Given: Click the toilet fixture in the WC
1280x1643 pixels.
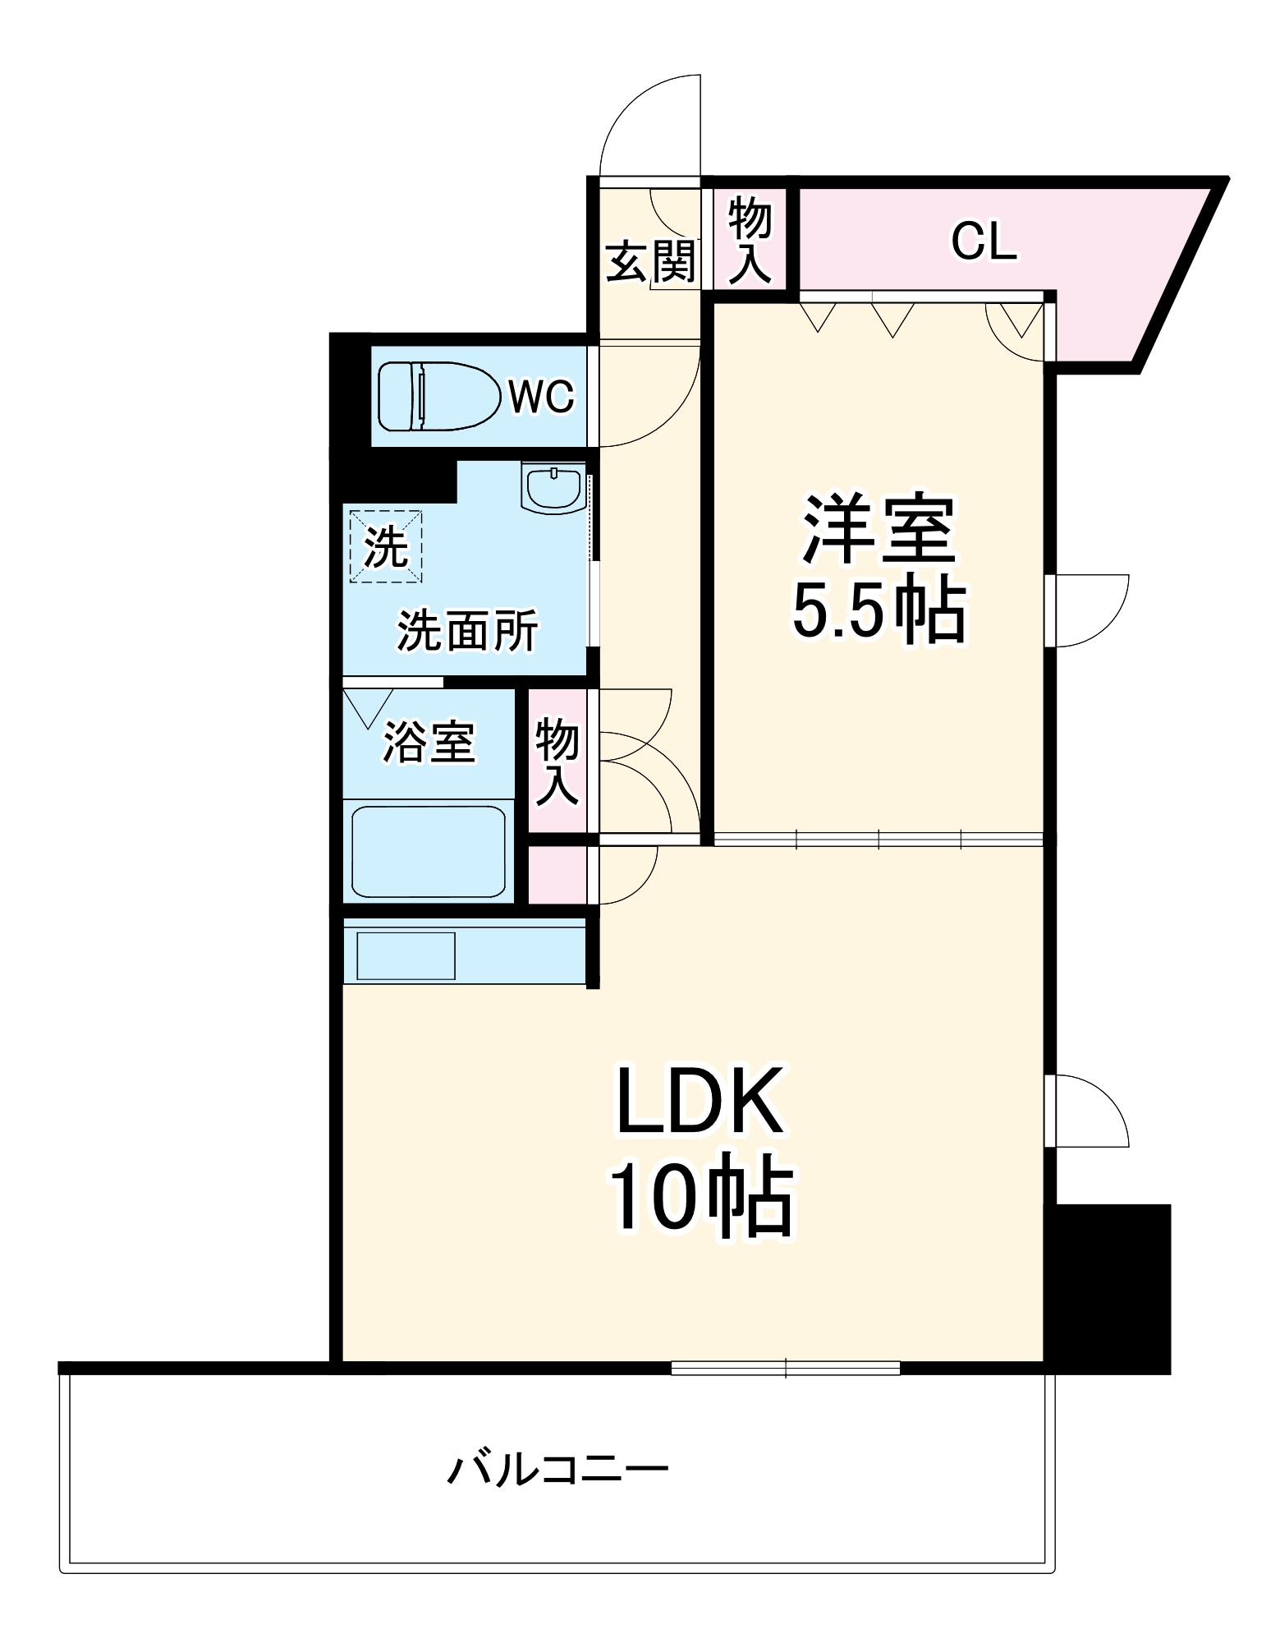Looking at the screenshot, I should [439, 396].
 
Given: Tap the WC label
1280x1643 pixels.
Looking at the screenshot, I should [541, 397].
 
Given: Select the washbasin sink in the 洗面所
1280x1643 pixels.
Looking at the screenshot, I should [553, 489].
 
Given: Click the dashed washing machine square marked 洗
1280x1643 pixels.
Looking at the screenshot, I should [386, 546].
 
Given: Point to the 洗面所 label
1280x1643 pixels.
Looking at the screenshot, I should [468, 631].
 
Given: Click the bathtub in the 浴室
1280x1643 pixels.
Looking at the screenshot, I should [428, 852].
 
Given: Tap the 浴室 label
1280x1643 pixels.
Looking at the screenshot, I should [429, 742].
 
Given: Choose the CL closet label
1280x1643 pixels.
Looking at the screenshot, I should [984, 242].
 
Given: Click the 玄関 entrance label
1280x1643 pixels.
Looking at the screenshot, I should [651, 261].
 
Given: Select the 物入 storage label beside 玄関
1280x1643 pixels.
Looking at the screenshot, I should [750, 240].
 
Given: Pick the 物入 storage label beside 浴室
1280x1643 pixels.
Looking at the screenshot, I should [557, 761].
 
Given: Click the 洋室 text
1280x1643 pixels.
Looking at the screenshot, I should [879, 530].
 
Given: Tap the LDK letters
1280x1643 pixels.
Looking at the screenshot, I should [700, 1102].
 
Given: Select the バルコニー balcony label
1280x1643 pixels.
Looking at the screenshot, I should [557, 1469].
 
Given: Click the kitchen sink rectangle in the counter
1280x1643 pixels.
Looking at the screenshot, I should [406, 955].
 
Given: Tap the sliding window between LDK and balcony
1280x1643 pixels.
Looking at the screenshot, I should [785, 1368].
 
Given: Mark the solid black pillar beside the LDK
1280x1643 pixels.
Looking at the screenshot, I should [1113, 1289].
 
